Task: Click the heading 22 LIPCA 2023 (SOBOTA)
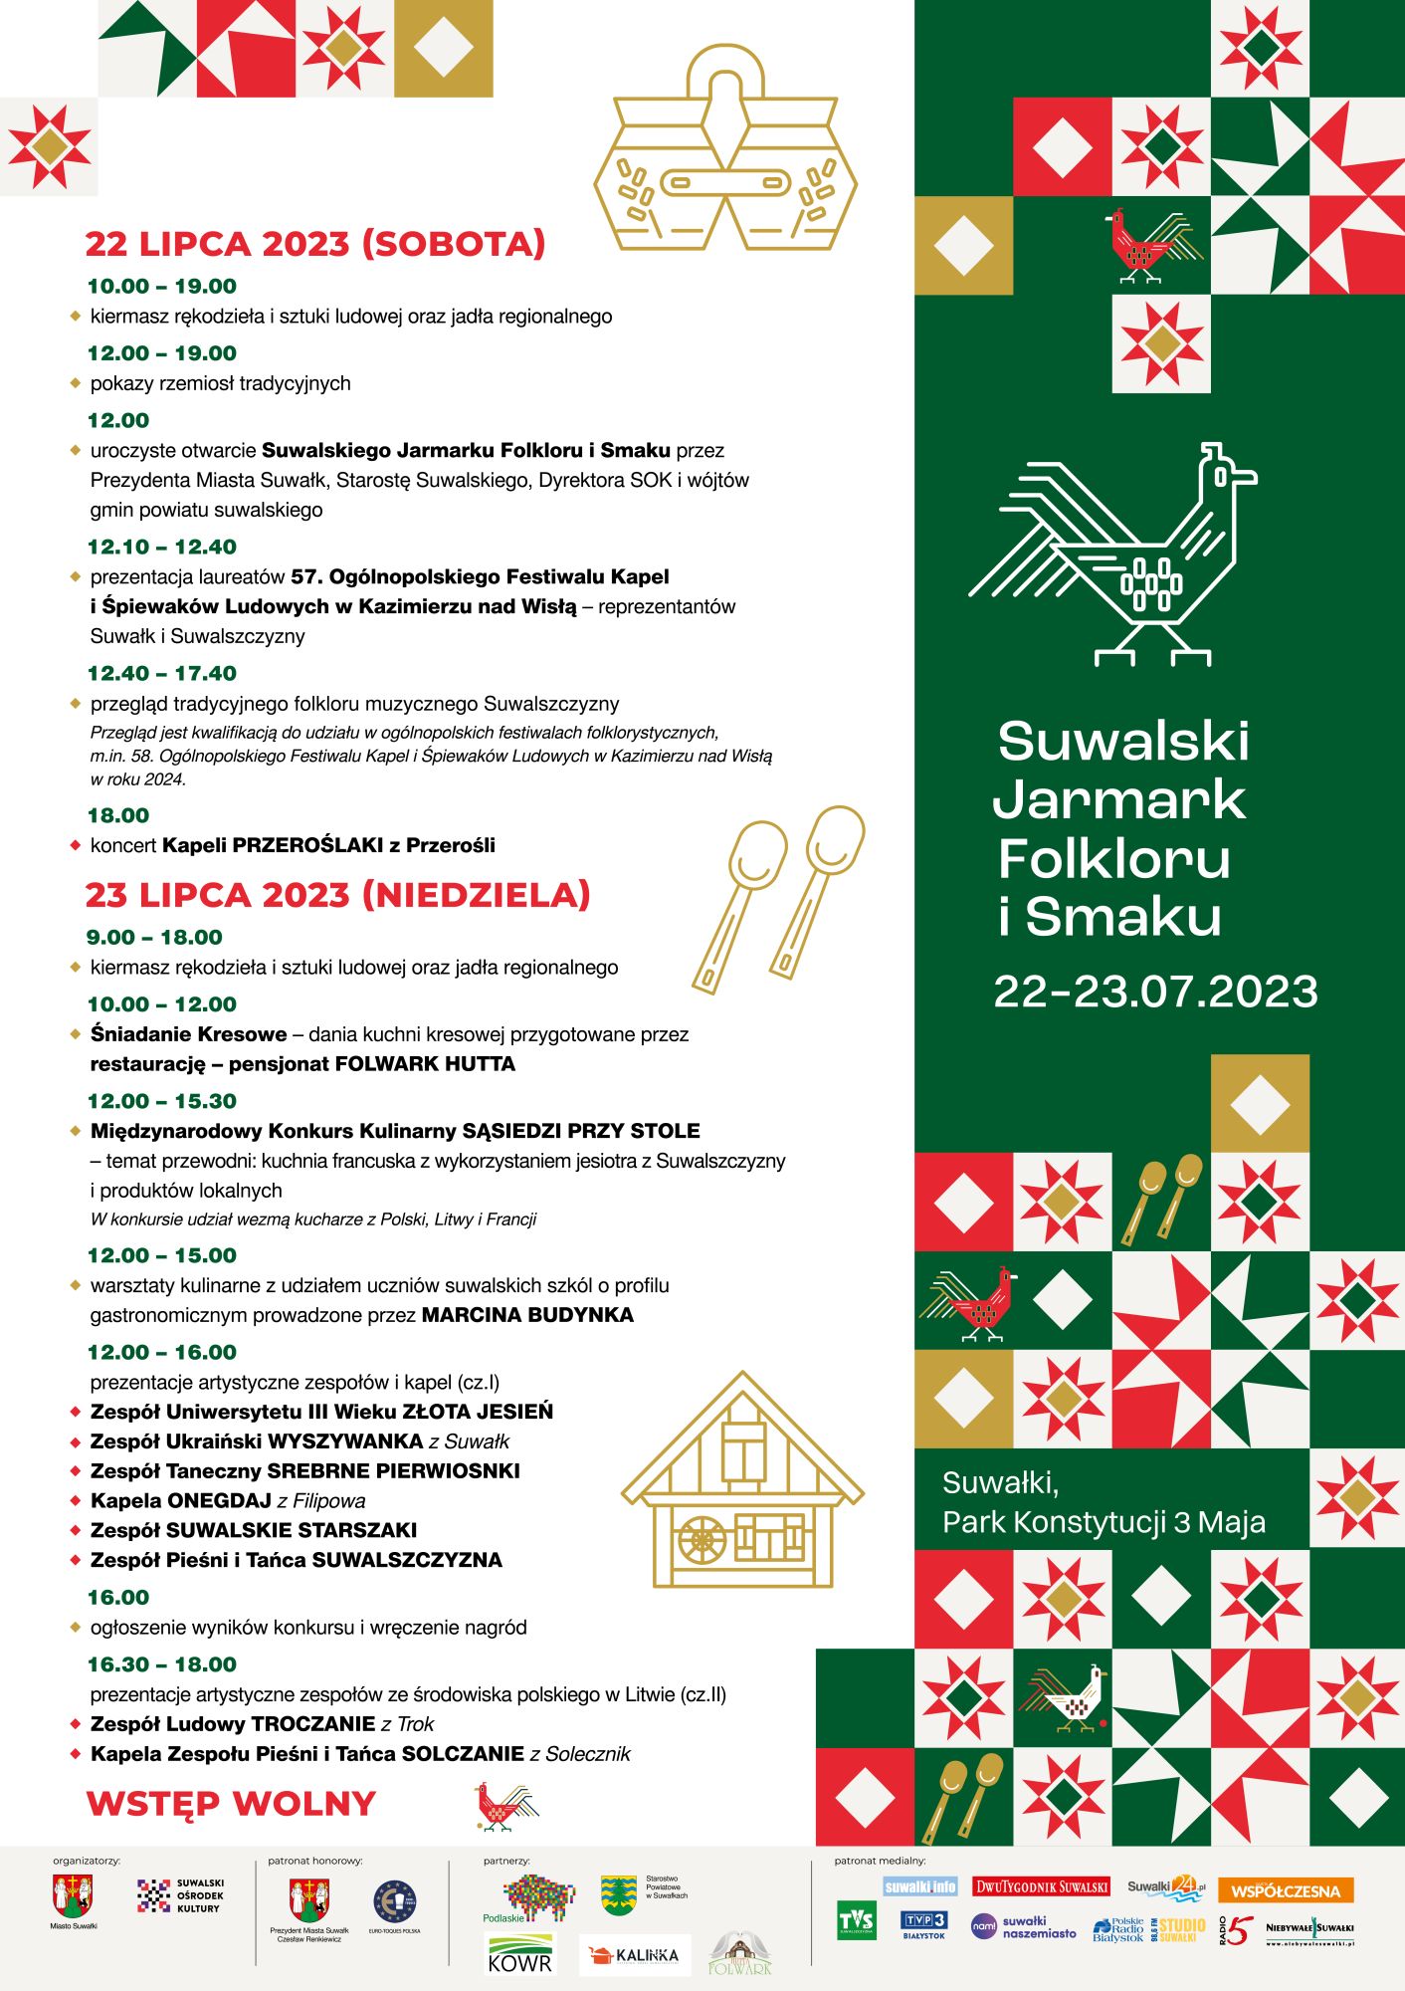pos(314,244)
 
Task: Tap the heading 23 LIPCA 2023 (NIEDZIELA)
pos(337,895)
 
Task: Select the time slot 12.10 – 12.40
pos(162,547)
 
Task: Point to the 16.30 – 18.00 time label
pos(162,1664)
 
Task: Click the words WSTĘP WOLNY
pos(231,1804)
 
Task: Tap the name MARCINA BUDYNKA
pos(527,1315)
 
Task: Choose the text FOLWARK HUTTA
pos(425,1064)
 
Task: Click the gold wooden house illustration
pos(742,1482)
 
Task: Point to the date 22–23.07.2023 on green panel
pos(1155,992)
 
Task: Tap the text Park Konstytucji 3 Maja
pos(1104,1522)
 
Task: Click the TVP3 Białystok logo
pos(923,1923)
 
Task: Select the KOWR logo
pos(519,1953)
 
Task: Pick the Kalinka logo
pos(635,1955)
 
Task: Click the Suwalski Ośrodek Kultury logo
pos(180,1895)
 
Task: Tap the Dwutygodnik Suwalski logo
pos(1041,1886)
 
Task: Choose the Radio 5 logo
pos(1234,1930)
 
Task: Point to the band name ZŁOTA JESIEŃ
pos(477,1412)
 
